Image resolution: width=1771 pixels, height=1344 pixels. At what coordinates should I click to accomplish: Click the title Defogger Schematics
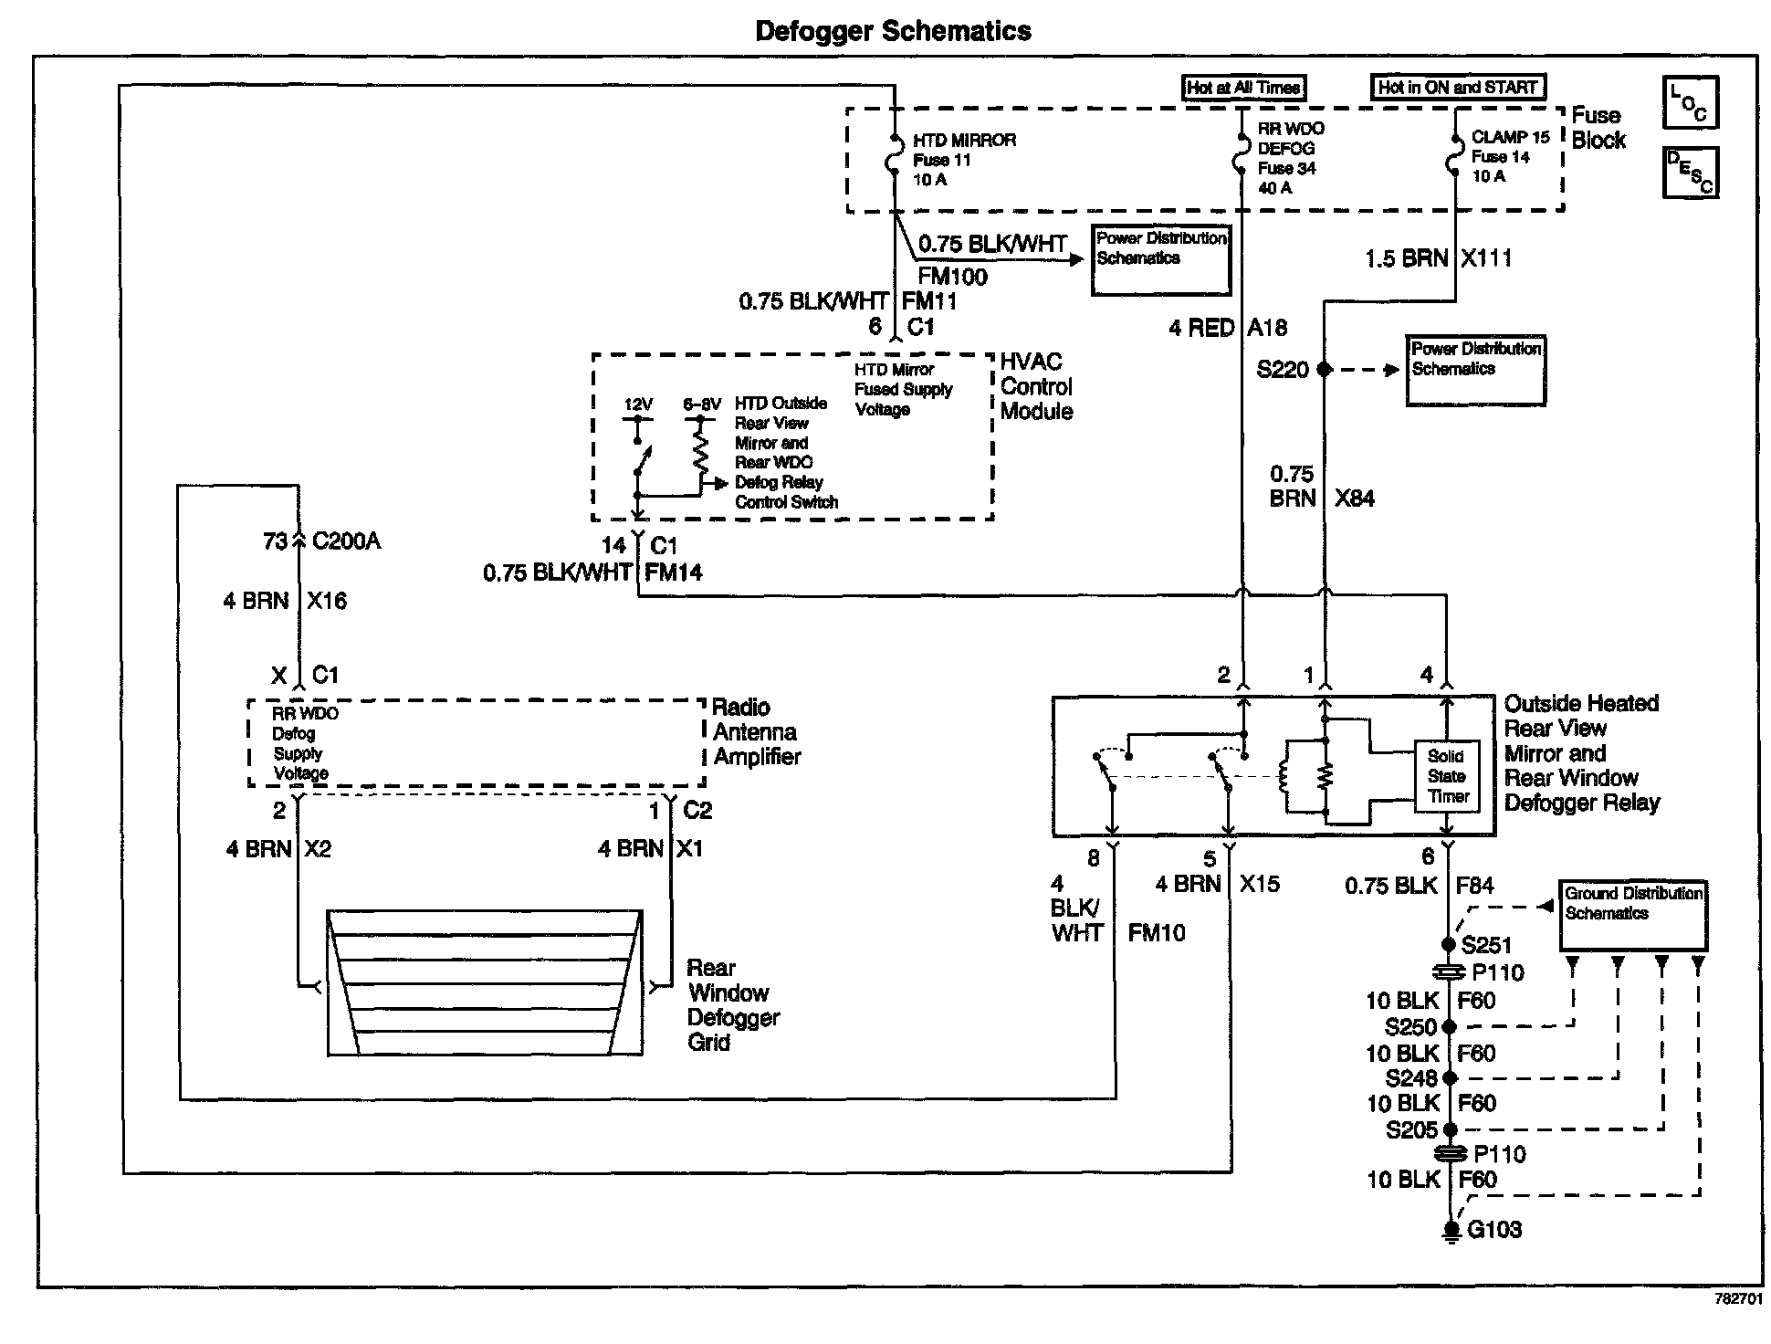[x=893, y=31]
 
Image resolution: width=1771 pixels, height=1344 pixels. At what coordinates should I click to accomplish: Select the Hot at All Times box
[x=1243, y=88]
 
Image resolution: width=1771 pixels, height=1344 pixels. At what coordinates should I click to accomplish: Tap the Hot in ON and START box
[x=1458, y=88]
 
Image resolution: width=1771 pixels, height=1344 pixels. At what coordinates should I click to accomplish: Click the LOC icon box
[x=1690, y=102]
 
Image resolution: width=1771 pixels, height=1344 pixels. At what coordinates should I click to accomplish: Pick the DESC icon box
[x=1690, y=173]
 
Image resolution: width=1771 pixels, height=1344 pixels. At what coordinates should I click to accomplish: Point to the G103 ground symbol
[x=1450, y=1232]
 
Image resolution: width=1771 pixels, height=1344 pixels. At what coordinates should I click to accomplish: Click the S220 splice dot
[x=1325, y=369]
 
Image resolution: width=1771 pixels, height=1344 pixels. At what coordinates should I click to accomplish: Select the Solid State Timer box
[x=1447, y=776]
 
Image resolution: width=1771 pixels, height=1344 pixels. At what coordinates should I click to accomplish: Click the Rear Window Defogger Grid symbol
[x=485, y=982]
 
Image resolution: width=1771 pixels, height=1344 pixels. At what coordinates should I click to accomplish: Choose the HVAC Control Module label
[x=1036, y=387]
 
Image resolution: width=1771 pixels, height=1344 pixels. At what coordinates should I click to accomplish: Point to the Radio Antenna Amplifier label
[x=756, y=732]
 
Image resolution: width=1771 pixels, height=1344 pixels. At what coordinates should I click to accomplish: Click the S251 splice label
[x=1486, y=946]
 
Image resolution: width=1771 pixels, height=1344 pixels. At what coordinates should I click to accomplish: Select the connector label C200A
[x=346, y=541]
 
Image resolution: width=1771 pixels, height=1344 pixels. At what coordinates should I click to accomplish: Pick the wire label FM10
[x=1157, y=933]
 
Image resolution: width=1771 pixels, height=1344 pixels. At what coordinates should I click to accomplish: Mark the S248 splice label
[x=1411, y=1078]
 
